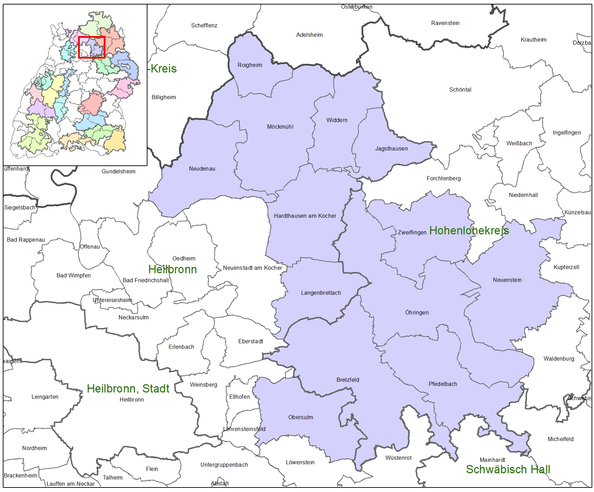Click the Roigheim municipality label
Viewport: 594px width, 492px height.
249,65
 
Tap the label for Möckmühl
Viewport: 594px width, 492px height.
280,127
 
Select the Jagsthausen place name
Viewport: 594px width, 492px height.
391,149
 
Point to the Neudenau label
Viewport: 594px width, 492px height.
202,169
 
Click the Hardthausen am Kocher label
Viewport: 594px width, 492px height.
305,216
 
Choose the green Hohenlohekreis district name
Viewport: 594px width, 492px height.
469,231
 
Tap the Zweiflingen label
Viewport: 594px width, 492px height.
412,233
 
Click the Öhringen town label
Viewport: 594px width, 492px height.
417,313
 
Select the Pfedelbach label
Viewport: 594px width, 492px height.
443,384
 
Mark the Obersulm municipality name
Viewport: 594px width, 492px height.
300,417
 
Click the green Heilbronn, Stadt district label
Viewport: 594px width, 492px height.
128,389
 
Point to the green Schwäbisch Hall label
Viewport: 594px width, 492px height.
508,469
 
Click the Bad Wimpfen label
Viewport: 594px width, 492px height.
74,276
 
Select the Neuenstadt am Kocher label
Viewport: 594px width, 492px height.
253,268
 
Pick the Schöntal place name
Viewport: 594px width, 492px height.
460,90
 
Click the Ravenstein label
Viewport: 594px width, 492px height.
445,23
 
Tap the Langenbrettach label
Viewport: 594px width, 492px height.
321,293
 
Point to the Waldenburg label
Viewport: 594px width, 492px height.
559,359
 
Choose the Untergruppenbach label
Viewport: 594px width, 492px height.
224,465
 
